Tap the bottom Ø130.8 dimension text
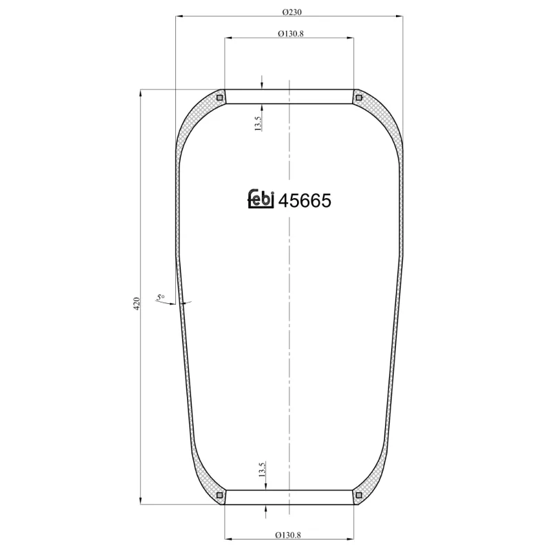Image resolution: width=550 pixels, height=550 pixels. [x=289, y=535]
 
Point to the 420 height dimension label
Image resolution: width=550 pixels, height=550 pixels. [x=136, y=303]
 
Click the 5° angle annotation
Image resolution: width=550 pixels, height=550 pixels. [x=161, y=297]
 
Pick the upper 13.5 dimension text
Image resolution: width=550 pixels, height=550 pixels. [x=258, y=124]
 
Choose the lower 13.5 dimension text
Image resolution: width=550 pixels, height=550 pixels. [x=262, y=470]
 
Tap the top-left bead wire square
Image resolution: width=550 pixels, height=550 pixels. [x=220, y=98]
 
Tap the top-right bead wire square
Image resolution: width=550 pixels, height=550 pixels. [x=358, y=98]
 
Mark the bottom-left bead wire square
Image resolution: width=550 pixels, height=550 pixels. [x=220, y=495]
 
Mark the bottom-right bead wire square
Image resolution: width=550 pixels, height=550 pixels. [x=358, y=495]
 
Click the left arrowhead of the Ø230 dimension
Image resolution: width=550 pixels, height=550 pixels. [x=179, y=16]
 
